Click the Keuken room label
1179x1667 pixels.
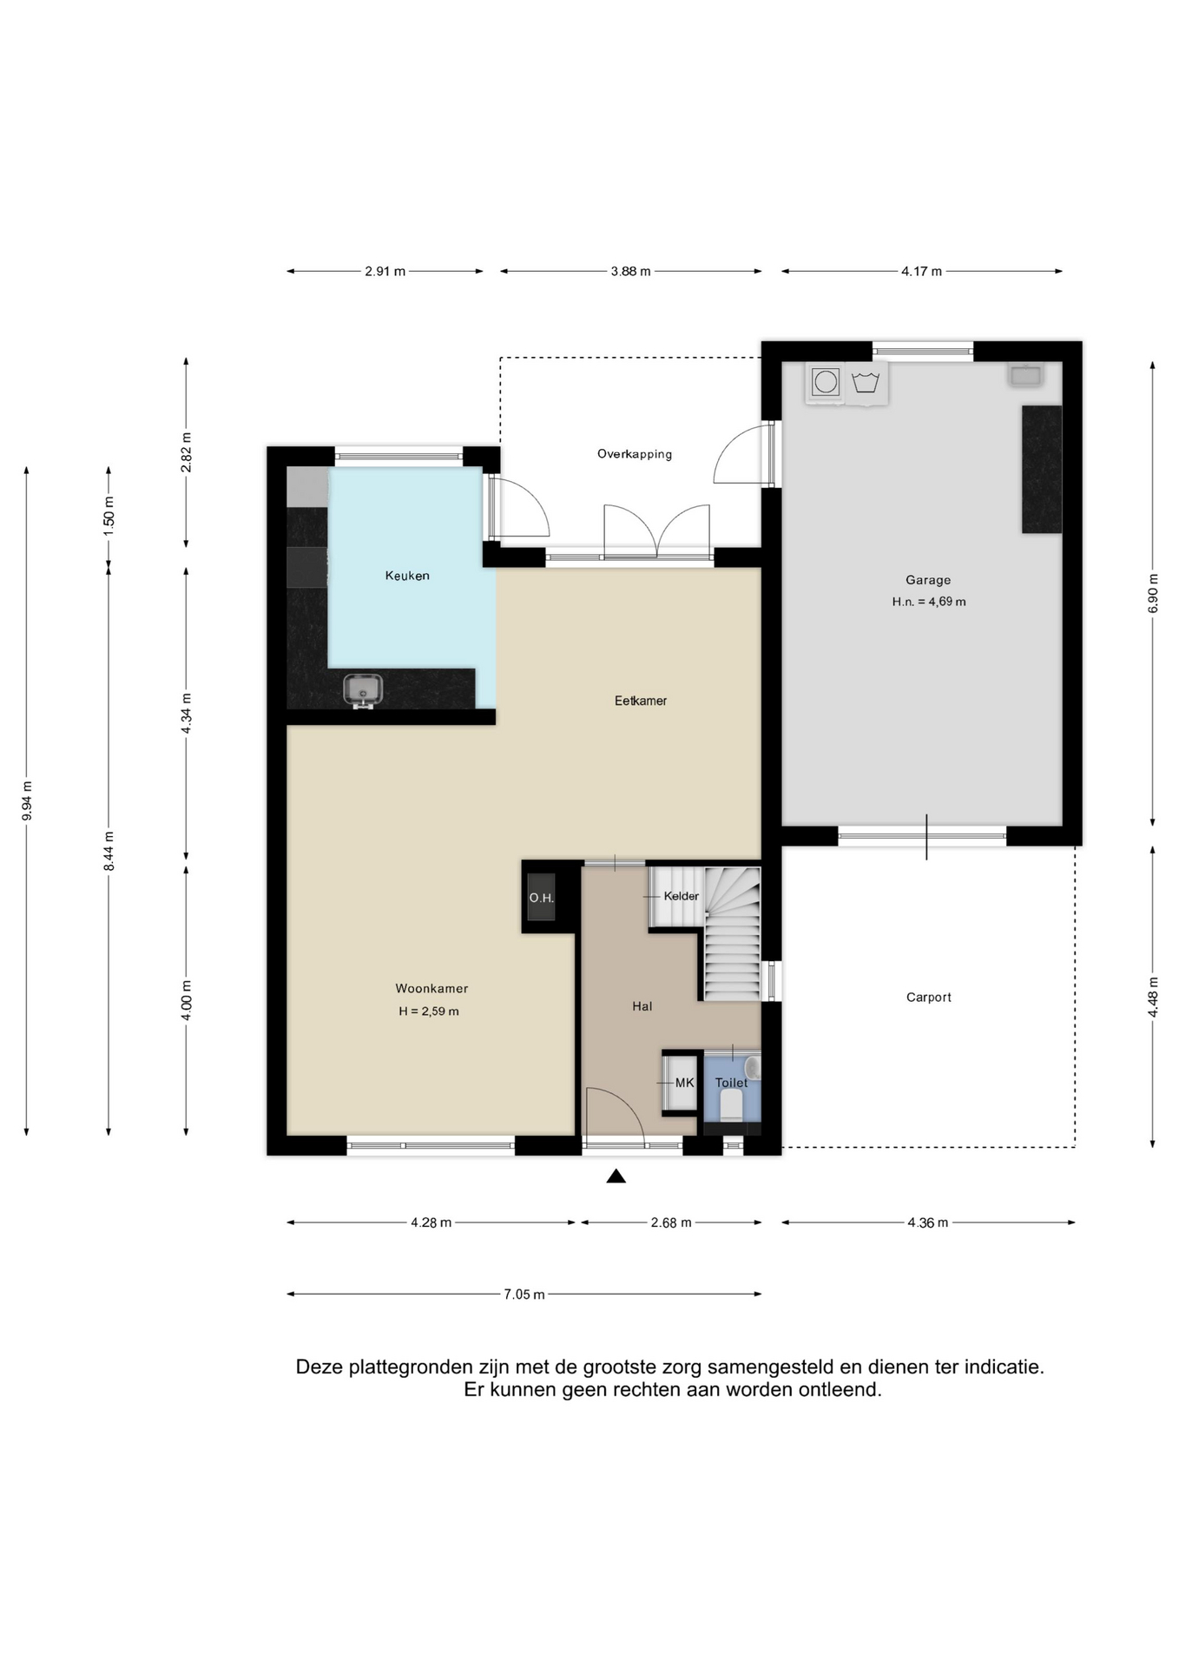[x=407, y=576]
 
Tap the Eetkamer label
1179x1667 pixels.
[x=641, y=701]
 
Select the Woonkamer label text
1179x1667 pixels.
[x=431, y=988]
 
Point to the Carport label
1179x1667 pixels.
[x=929, y=998]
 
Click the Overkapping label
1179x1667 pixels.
[x=635, y=454]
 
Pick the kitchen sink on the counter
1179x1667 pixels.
[x=363, y=690]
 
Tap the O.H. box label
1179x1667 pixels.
[x=542, y=898]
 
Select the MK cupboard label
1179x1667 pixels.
[x=685, y=1083]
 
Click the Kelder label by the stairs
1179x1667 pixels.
[x=682, y=896]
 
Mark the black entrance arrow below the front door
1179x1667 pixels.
[x=616, y=1176]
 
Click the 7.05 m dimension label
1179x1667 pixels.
[x=524, y=1295]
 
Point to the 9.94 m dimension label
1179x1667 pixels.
[x=27, y=801]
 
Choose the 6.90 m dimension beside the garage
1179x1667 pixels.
[x=1153, y=594]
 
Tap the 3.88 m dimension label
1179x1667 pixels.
[x=630, y=271]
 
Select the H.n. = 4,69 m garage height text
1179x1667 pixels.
[x=929, y=602]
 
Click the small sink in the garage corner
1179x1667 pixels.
[x=1025, y=375]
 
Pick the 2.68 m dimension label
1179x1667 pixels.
[x=671, y=1222]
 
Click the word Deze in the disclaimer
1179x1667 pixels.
[x=319, y=1367]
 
